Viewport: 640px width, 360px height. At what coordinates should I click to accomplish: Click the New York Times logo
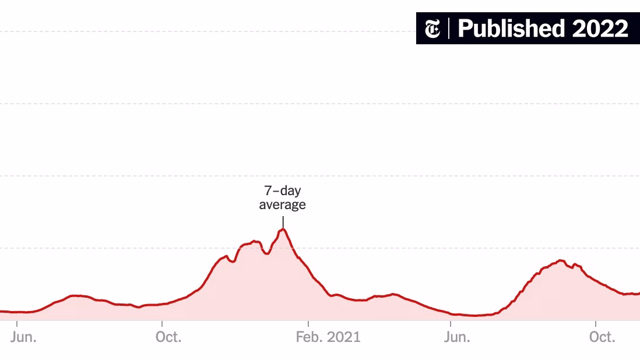coord(432,29)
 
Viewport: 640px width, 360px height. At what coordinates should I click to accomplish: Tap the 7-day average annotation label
coord(283,197)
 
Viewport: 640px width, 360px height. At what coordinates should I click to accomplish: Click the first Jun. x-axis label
coord(23,337)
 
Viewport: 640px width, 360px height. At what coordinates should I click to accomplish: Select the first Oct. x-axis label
coord(168,337)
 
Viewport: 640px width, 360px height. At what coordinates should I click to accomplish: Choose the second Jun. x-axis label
coord(457,337)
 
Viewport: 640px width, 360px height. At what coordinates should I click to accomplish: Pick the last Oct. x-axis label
coord(602,337)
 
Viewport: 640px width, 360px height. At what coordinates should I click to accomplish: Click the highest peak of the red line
coord(283,230)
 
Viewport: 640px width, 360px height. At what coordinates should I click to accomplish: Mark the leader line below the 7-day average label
coord(283,221)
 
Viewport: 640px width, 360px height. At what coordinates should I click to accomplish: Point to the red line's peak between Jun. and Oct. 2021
coord(561,260)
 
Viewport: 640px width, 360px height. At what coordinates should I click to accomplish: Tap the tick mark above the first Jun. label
coord(17,323)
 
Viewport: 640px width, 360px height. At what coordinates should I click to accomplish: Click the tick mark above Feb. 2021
coord(308,323)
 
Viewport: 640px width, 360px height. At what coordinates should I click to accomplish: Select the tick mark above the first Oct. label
coord(162,323)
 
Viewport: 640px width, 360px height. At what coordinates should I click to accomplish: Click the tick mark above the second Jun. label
coord(451,323)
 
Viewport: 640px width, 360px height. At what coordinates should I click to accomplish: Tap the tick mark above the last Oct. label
coord(596,323)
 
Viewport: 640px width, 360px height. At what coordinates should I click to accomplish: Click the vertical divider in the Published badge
coord(449,29)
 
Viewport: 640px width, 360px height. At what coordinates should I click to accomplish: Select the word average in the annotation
coord(283,204)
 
